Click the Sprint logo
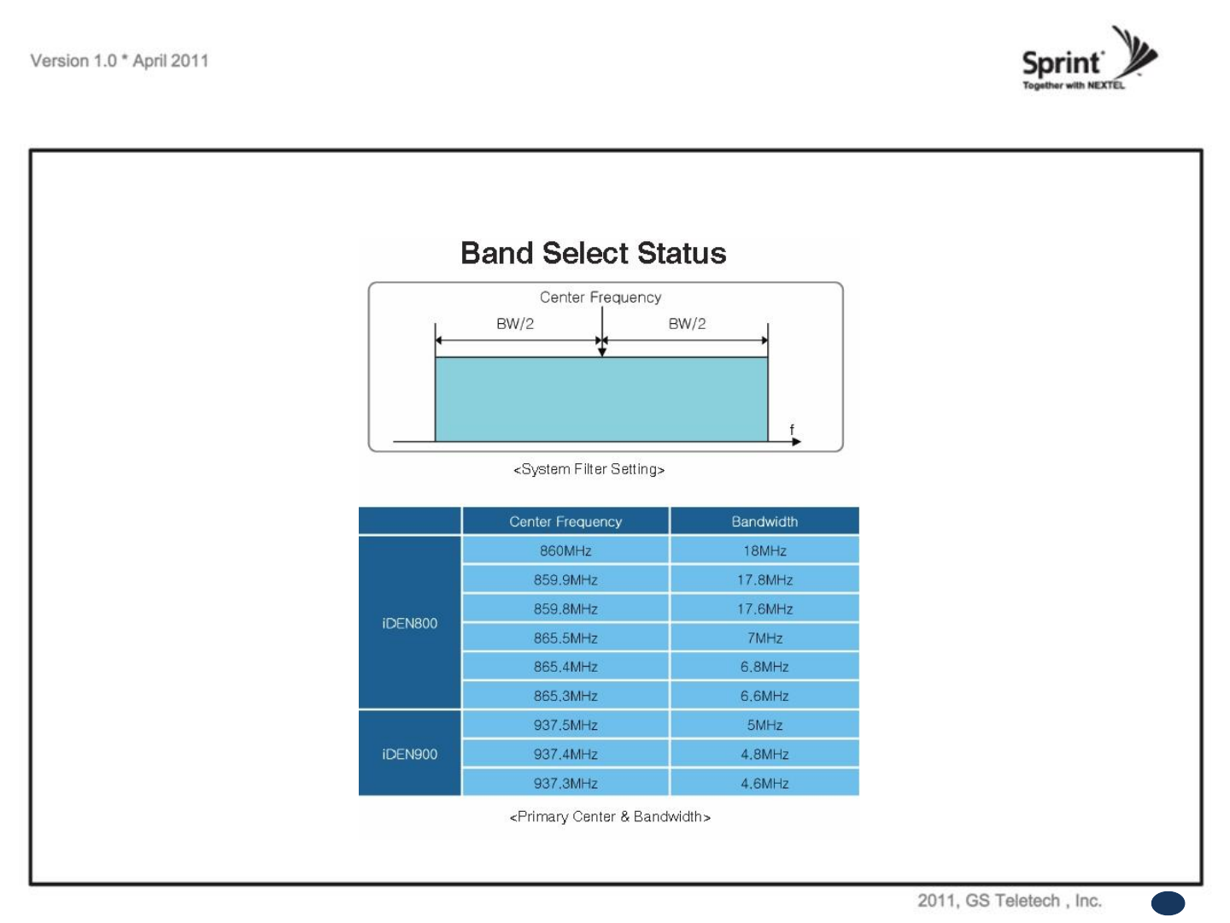(1089, 58)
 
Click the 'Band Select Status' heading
(593, 253)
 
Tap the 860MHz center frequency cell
(565, 550)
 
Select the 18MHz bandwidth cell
(764, 550)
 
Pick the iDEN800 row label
(410, 623)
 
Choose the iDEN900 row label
(410, 754)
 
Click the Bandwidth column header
(764, 521)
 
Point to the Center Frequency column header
(565, 521)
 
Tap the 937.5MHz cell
(565, 725)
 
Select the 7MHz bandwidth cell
(764, 638)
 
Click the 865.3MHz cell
(565, 696)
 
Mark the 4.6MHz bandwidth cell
(764, 783)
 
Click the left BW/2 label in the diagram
(514, 323)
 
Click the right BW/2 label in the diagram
(687, 323)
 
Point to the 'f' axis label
(791, 429)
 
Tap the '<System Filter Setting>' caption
(589, 469)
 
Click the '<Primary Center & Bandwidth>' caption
(610, 816)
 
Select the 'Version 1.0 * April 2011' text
(120, 61)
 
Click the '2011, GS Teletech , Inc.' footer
(1010, 901)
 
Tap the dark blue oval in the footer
(1168, 903)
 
